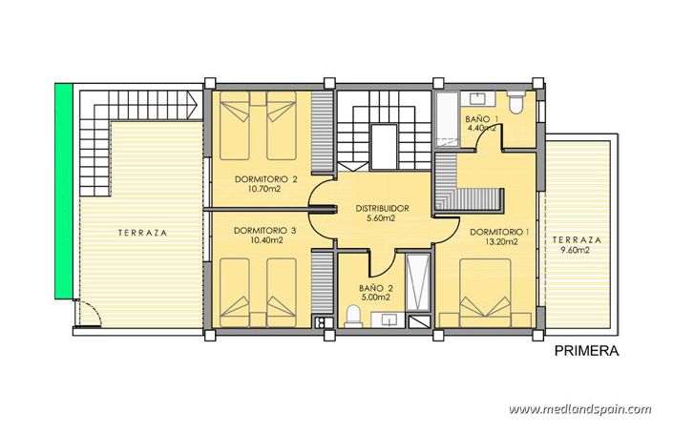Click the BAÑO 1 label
[x=480, y=119]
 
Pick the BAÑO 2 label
[x=377, y=286]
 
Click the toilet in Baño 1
[x=515, y=103]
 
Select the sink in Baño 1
[x=475, y=99]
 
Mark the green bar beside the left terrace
[x=63, y=191]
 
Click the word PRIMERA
[x=587, y=351]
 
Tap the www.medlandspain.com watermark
[x=579, y=409]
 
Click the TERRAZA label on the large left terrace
[x=143, y=232]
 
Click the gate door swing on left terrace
[x=87, y=312]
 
